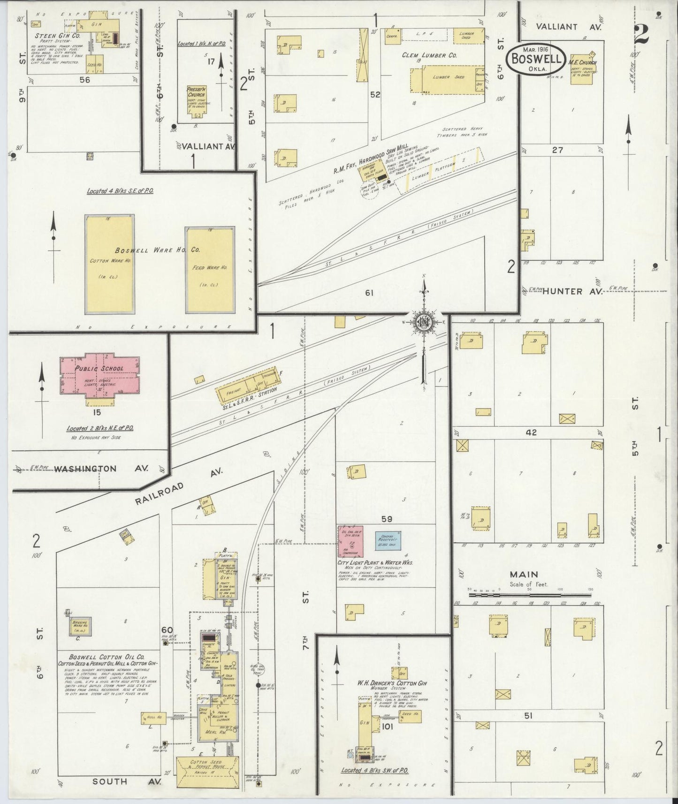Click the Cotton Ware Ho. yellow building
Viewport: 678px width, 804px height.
[x=109, y=264]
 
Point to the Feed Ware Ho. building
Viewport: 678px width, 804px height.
[x=210, y=270]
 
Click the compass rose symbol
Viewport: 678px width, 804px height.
[x=423, y=323]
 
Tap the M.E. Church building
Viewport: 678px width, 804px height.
[x=582, y=70]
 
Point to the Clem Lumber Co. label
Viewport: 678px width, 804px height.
[x=429, y=55]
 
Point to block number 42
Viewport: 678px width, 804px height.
[x=531, y=432]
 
